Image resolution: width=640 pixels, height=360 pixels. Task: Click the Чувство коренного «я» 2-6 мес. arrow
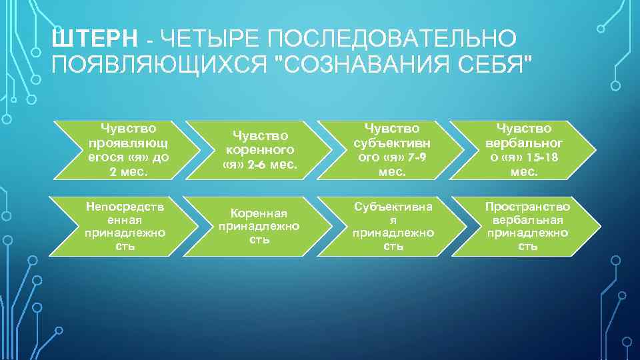point(258,150)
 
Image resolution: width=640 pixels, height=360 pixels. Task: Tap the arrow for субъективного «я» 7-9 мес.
point(392,150)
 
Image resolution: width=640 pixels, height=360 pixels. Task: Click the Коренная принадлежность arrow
point(258,226)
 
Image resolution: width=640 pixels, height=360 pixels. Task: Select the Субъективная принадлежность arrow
point(392,226)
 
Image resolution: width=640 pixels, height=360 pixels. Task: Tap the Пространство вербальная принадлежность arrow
point(527,226)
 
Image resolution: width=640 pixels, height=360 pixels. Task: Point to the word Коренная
point(259,213)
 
